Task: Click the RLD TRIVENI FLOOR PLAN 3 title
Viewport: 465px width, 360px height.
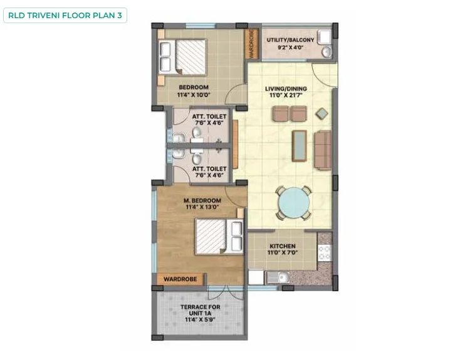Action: [65, 16]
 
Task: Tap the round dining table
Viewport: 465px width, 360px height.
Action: [293, 203]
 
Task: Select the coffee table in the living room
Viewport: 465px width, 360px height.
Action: [299, 145]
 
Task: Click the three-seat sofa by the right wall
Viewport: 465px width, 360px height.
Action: [323, 150]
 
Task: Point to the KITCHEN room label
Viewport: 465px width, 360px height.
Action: [282, 246]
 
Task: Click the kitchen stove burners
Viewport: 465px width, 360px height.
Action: [324, 253]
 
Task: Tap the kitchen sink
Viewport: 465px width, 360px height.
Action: [278, 277]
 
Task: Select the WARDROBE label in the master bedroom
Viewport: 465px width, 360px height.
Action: [180, 279]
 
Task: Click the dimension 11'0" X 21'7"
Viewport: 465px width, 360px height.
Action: [286, 95]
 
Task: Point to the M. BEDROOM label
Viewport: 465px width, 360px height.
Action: [202, 200]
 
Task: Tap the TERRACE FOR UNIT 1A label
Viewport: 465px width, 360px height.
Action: [200, 310]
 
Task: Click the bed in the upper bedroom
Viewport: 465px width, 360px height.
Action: [182, 57]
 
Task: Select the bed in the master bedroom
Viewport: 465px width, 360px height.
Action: [219, 237]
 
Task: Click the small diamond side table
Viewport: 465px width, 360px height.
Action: [321, 114]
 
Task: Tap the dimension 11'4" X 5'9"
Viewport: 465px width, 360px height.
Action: [200, 320]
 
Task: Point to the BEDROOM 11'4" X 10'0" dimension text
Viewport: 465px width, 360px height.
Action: [194, 95]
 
